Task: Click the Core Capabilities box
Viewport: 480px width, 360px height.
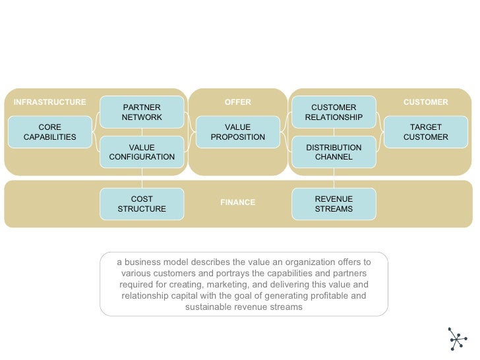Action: pyautogui.click(x=49, y=132)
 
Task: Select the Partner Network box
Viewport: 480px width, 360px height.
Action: pyautogui.click(x=142, y=112)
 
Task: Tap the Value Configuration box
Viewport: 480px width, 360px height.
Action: pyautogui.click(x=142, y=152)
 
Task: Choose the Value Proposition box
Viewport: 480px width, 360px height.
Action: pyautogui.click(x=237, y=132)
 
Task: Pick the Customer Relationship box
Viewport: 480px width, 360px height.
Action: pyautogui.click(x=334, y=112)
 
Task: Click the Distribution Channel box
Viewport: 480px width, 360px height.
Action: pyautogui.click(x=334, y=152)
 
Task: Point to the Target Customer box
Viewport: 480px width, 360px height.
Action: pyautogui.click(x=425, y=132)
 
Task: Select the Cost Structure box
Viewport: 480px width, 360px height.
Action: pyautogui.click(x=142, y=204)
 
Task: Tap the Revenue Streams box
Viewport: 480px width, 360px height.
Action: pyautogui.click(x=334, y=204)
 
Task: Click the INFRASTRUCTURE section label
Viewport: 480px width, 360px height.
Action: pyautogui.click(x=49, y=102)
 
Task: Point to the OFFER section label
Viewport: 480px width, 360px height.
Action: pyautogui.click(x=237, y=102)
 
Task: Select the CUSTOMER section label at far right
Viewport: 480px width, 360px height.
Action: pyautogui.click(x=425, y=102)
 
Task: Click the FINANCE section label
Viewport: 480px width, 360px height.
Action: pyautogui.click(x=237, y=202)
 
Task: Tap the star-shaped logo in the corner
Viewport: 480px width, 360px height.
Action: pyautogui.click(x=456, y=338)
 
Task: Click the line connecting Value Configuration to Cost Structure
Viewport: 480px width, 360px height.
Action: pyautogui.click(x=142, y=177)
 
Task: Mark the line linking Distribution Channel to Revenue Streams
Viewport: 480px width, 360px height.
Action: pyautogui.click(x=334, y=177)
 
